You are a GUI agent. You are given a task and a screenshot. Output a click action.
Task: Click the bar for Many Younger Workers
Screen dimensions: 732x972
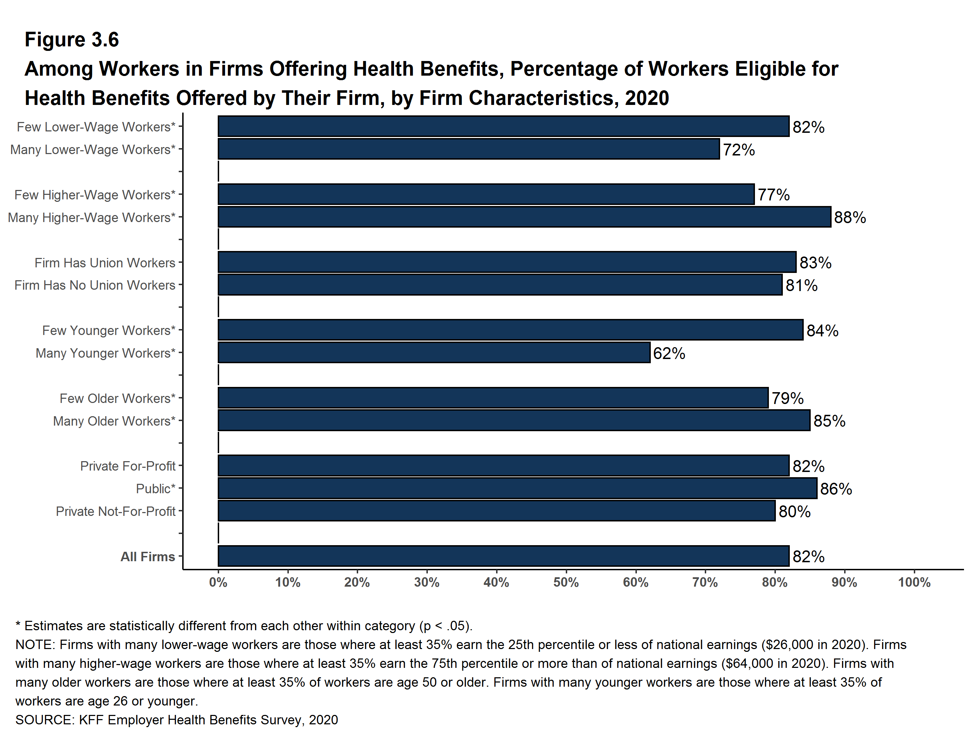(x=434, y=353)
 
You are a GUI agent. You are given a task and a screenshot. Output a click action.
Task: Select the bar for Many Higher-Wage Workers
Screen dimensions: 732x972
(x=524, y=217)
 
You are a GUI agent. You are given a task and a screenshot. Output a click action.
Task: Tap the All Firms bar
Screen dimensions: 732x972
(x=503, y=556)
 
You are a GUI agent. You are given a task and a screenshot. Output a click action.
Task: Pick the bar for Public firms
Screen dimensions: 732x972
(x=517, y=488)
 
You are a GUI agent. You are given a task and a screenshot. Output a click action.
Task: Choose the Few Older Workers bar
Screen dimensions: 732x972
(x=493, y=398)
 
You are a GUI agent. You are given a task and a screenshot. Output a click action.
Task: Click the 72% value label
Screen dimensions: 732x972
(x=739, y=150)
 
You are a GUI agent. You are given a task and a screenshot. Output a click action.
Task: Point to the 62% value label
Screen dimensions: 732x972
(x=669, y=353)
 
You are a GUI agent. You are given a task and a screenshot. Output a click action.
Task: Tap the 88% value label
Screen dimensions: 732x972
(x=850, y=218)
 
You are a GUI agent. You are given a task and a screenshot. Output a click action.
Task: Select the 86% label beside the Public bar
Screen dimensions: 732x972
(x=836, y=489)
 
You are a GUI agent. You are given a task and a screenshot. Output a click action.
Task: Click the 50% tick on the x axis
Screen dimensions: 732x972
(x=566, y=583)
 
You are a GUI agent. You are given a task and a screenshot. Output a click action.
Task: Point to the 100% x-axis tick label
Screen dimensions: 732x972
(x=914, y=583)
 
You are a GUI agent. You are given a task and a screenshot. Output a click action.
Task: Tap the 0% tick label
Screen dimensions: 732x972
(x=218, y=583)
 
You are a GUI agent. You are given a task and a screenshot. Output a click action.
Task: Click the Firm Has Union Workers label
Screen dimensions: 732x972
(x=105, y=263)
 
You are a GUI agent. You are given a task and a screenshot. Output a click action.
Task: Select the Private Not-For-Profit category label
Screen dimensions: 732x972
(x=116, y=511)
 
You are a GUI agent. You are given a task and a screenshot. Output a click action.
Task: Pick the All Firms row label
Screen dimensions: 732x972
(x=148, y=557)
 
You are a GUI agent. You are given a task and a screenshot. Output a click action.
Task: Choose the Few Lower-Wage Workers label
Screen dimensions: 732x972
(x=96, y=127)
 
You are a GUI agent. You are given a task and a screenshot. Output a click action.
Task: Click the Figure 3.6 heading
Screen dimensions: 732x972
(x=72, y=40)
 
